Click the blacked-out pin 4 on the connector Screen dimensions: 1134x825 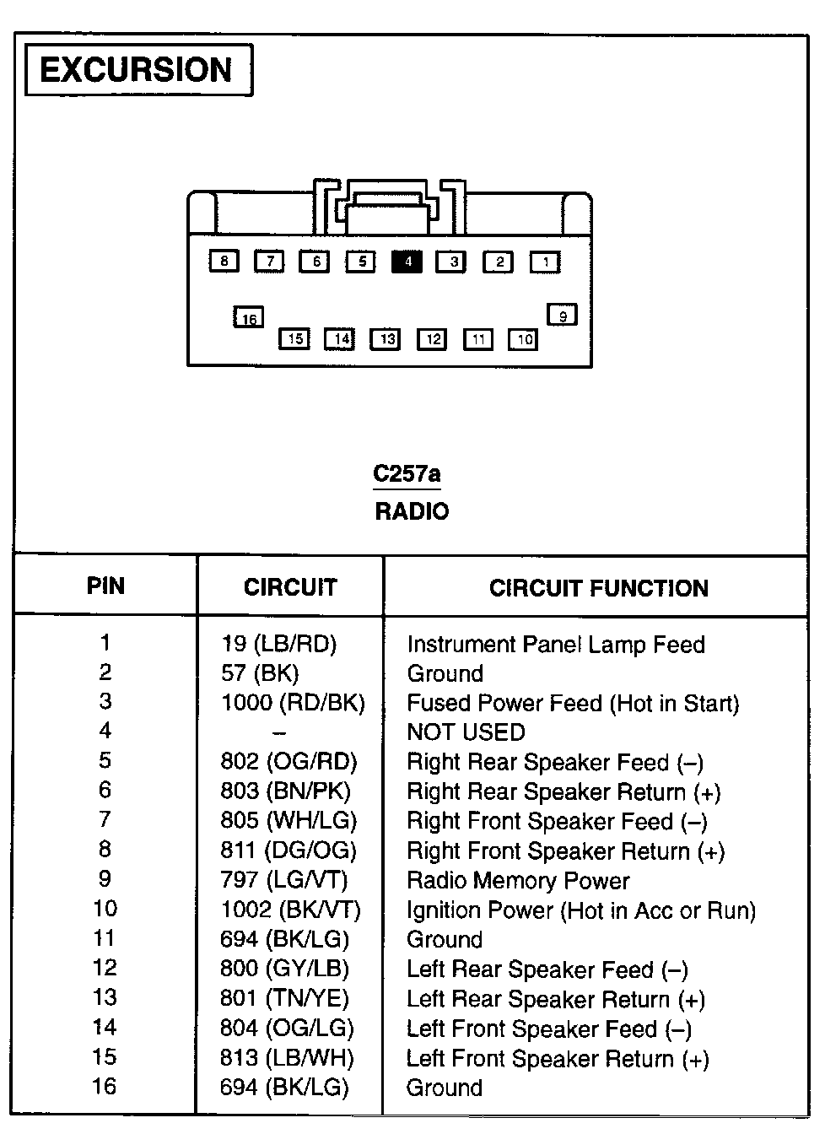click(x=407, y=262)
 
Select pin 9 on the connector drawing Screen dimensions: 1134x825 click(x=563, y=316)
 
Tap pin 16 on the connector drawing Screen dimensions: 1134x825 click(x=249, y=318)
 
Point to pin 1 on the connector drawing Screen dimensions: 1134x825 click(x=545, y=262)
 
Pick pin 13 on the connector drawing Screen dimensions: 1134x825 click(x=386, y=339)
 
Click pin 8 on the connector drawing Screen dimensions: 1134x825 click(x=224, y=261)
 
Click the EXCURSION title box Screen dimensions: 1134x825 click(x=138, y=70)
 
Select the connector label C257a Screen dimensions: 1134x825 click(x=407, y=473)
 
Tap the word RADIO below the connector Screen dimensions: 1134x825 click(x=412, y=511)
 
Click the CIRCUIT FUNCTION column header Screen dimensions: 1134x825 click(x=598, y=588)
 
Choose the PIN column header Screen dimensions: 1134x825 click(x=105, y=586)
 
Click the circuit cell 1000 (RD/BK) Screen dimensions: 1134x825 click(x=293, y=703)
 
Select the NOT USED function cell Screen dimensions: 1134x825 click(x=466, y=732)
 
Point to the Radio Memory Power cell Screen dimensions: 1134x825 click(x=518, y=881)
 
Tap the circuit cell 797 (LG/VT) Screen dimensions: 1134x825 click(x=284, y=880)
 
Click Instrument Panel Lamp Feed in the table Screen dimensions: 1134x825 click(x=555, y=645)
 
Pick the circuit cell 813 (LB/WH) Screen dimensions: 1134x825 click(x=287, y=1058)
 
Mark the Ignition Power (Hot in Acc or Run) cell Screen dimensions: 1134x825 click(x=580, y=910)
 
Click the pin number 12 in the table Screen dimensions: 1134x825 click(x=105, y=969)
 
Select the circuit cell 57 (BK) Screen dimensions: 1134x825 click(x=260, y=673)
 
